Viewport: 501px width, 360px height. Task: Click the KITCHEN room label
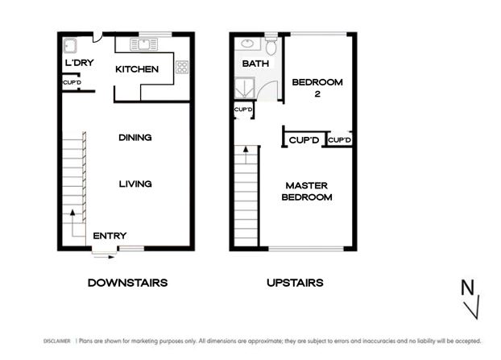137,69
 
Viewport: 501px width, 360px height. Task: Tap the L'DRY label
80,63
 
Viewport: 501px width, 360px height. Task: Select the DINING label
135,138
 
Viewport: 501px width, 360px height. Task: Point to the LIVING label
135,184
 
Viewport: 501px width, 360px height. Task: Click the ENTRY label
110,236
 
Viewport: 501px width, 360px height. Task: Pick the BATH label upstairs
255,64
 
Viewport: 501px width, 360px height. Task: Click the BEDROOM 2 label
317,88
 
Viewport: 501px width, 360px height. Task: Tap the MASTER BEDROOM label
307,192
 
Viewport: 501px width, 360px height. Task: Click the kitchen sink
144,44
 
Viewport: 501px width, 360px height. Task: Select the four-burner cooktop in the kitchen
182,67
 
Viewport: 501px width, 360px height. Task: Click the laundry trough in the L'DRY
70,46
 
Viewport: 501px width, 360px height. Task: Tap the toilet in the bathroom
271,46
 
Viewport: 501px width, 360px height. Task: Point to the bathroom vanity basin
247,43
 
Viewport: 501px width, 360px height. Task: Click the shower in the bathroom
245,88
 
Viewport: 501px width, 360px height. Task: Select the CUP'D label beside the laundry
72,82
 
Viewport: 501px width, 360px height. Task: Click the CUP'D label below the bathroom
243,110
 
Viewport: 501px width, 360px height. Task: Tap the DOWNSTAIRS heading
127,283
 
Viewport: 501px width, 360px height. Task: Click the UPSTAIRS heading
295,283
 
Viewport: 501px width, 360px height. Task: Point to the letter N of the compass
467,288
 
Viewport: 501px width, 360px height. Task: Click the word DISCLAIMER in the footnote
57,341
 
